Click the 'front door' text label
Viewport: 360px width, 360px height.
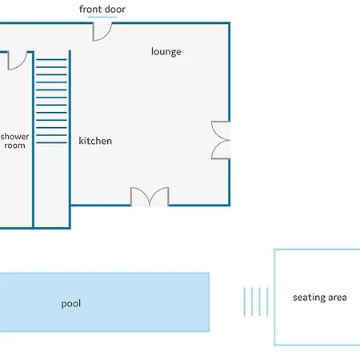(x=102, y=10)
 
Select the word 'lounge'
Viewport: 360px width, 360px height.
(x=166, y=52)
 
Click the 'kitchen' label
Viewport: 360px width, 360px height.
(x=95, y=141)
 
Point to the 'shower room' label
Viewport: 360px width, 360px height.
(x=14, y=141)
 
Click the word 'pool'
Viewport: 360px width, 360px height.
(x=71, y=304)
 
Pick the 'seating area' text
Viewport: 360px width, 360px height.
(x=320, y=298)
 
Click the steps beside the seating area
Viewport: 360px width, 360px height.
(x=256, y=302)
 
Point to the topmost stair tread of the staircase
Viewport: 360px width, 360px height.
(x=51, y=59)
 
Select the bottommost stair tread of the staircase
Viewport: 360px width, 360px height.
(x=51, y=142)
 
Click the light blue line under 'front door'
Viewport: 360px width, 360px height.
(x=102, y=17)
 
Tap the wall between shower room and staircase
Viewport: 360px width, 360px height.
(x=33, y=140)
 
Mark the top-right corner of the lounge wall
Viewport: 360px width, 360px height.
(x=229, y=23)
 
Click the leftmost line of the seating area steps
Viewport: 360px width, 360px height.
(x=244, y=302)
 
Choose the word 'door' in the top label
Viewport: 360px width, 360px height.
(x=114, y=10)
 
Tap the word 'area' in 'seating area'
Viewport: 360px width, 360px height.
(x=338, y=298)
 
